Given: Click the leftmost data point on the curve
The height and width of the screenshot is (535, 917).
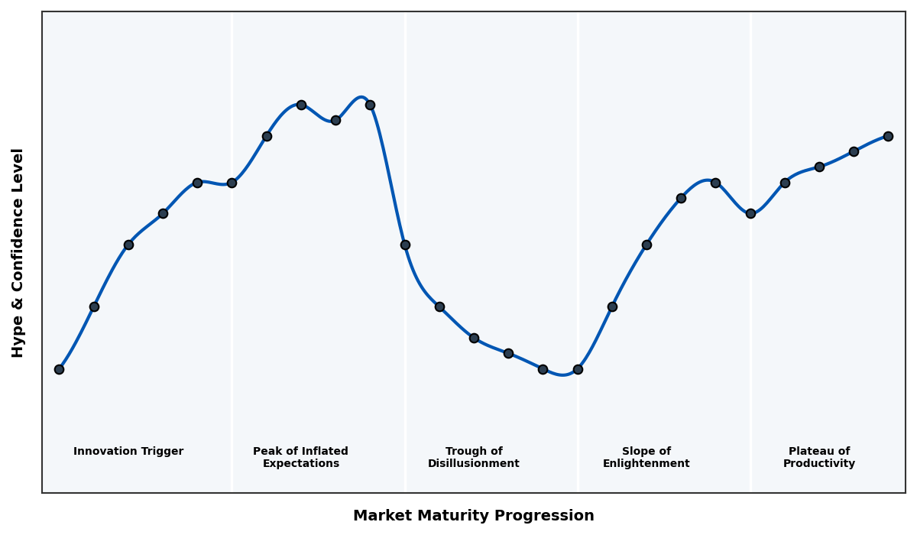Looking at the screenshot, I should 59,369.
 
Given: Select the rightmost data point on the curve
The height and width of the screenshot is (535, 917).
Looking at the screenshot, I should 888,136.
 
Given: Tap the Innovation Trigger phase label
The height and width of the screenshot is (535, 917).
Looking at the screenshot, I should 128,452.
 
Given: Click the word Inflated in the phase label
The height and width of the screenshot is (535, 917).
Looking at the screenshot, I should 325,452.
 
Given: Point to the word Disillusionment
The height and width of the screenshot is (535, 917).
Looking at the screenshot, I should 474,464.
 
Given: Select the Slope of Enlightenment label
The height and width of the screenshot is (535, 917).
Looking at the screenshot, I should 646,458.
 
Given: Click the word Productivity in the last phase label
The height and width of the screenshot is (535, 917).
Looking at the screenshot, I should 819,464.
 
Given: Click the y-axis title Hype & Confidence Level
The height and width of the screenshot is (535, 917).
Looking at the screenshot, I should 18,252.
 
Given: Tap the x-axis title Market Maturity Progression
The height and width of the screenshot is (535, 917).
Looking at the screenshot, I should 474,516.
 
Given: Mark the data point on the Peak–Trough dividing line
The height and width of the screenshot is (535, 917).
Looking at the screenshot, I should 405,245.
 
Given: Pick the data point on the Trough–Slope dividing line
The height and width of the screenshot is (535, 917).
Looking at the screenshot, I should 578,369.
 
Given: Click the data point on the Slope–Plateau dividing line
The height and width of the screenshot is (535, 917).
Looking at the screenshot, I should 750,213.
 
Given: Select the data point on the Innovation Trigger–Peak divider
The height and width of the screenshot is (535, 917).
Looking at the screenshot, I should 232,183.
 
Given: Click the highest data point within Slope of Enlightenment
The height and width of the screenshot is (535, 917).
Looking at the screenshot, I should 715,183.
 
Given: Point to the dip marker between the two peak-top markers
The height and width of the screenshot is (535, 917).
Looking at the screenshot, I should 335,120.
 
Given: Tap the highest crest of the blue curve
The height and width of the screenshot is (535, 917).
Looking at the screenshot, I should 361,97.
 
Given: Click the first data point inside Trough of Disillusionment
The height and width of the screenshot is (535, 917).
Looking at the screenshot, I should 439,306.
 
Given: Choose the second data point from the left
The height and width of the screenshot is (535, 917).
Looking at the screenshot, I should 94,306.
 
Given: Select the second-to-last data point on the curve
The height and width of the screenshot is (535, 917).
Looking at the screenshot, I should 854,151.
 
